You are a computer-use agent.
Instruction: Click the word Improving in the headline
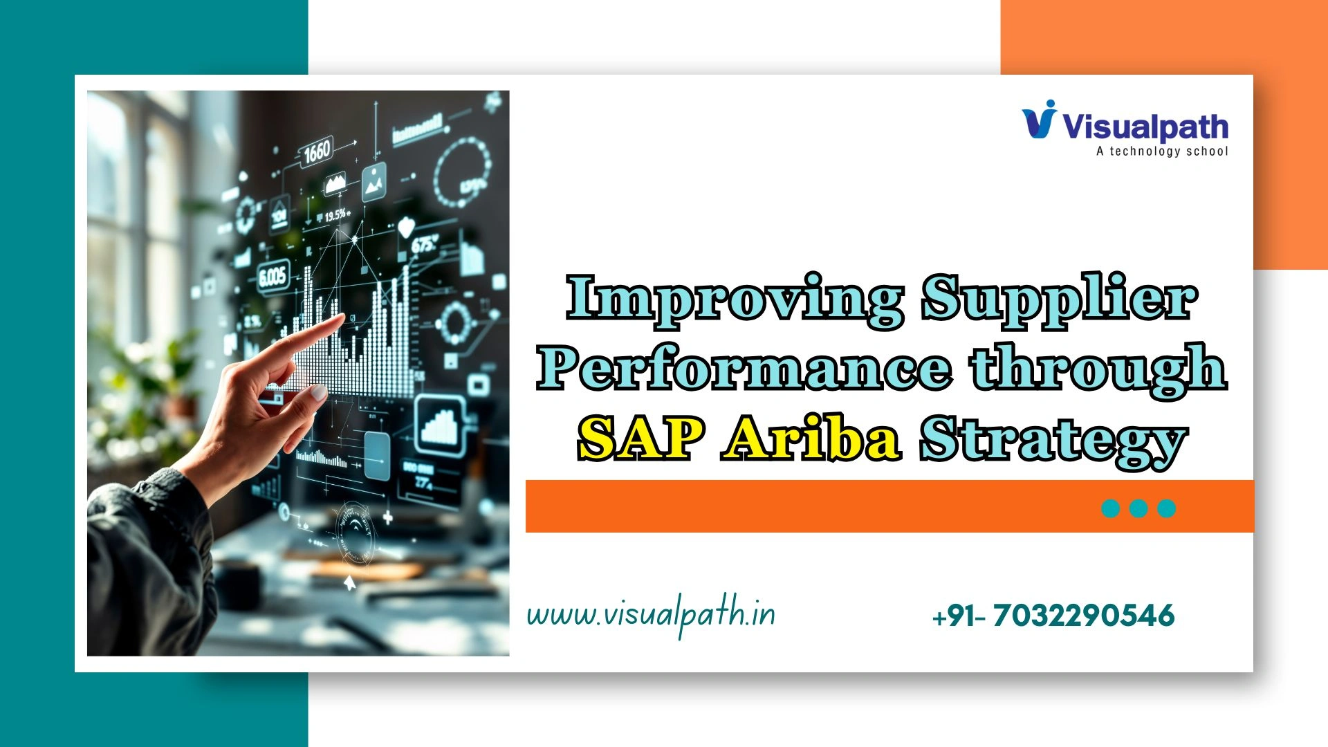click(735, 299)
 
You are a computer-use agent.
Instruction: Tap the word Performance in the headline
click(744, 368)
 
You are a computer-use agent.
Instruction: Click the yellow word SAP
click(640, 439)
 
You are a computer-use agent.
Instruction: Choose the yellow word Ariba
click(811, 439)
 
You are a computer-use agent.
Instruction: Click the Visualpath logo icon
click(1040, 120)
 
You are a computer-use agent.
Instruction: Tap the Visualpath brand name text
click(1145, 127)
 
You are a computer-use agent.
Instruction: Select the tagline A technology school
click(1162, 151)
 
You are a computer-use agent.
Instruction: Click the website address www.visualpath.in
click(650, 614)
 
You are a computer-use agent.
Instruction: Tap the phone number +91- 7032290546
click(1053, 616)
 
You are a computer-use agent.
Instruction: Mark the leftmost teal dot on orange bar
click(1111, 508)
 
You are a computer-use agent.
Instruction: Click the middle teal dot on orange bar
click(1138, 508)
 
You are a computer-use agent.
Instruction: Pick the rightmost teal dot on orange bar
click(1167, 508)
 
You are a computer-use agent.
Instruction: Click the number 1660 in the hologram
click(317, 151)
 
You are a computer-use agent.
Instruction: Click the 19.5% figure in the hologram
click(337, 216)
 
